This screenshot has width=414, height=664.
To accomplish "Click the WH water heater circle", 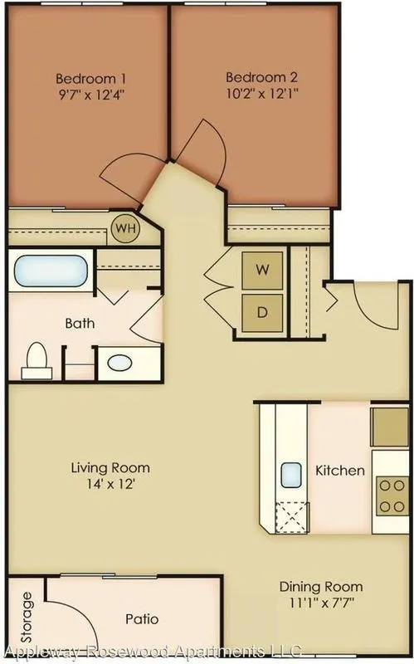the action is click(x=126, y=229).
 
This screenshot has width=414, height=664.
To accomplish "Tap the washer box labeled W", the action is click(x=262, y=271).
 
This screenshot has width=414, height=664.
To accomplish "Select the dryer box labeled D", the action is click(x=262, y=313).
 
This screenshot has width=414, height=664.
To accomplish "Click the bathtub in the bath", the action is click(x=51, y=271).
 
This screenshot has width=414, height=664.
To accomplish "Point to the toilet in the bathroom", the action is click(x=37, y=361).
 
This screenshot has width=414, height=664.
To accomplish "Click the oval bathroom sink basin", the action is click(x=119, y=363).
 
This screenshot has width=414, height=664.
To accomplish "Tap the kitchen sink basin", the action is click(x=291, y=475).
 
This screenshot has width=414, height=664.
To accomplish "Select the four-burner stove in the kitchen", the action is click(x=392, y=496).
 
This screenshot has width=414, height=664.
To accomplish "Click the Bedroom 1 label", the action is click(x=90, y=79).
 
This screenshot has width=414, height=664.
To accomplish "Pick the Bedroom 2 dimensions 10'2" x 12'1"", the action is click(x=262, y=93).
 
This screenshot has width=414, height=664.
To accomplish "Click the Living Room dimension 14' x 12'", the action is click(x=110, y=484).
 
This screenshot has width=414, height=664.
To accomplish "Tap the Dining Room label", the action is click(x=321, y=587).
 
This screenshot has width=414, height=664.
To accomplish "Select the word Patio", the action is click(x=142, y=619).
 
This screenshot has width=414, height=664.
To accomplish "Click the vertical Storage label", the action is click(x=27, y=617).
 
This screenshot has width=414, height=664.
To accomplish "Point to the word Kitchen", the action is click(x=340, y=471).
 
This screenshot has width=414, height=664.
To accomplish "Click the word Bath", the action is click(x=80, y=324).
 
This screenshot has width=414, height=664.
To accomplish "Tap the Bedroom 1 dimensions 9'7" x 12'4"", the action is click(x=92, y=95).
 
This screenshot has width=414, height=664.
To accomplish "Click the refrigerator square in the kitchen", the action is click(x=390, y=427).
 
